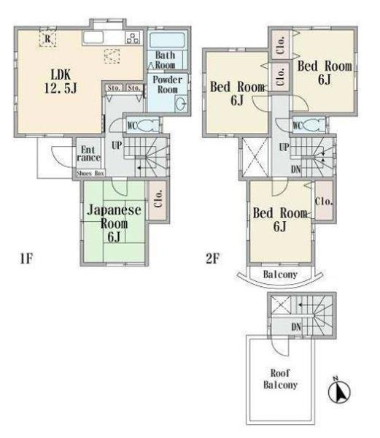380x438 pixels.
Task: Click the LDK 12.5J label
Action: click(61, 82)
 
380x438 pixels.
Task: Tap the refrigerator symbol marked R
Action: click(47, 39)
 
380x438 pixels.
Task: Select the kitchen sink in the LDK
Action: click(93, 38)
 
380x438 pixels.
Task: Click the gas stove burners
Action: click(133, 38)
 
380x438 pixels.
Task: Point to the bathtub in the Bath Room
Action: click(166, 40)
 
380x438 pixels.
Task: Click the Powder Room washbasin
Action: click(180, 104)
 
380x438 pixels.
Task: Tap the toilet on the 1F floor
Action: click(147, 125)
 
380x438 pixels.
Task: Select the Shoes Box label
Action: click(90, 173)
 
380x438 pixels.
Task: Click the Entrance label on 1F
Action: click(88, 154)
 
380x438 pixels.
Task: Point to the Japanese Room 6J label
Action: click(114, 223)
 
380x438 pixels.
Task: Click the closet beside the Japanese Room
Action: click(158, 199)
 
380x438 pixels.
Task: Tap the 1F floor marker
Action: click(26, 258)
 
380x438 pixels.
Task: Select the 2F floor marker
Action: click(212, 258)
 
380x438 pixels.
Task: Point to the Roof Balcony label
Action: click(280, 379)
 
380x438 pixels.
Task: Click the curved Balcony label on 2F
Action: click(280, 274)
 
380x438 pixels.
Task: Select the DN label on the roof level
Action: click(296, 327)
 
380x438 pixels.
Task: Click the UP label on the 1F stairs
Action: click(117, 145)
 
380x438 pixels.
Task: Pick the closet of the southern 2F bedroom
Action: click(324, 201)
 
